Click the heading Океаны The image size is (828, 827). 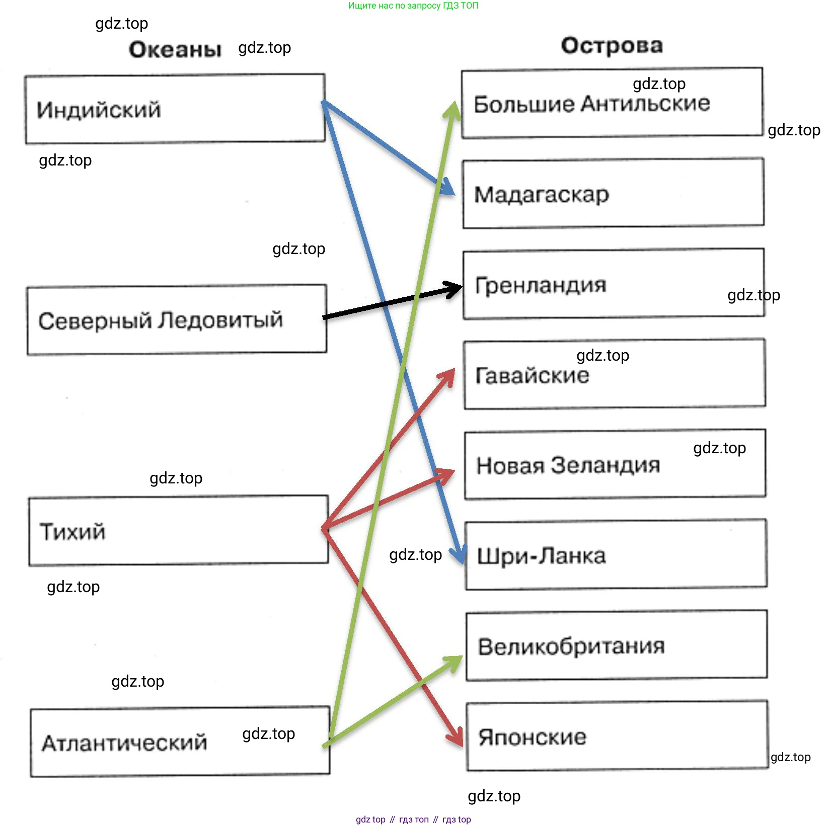coord(175,49)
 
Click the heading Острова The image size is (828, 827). coord(612,45)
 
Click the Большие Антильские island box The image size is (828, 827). coord(612,103)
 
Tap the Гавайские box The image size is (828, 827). coord(615,374)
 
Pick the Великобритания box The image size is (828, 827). coord(617,645)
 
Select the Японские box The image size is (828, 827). coord(617,736)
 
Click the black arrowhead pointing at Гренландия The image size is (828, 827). coord(453,288)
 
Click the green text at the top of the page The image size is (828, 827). coord(413,6)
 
